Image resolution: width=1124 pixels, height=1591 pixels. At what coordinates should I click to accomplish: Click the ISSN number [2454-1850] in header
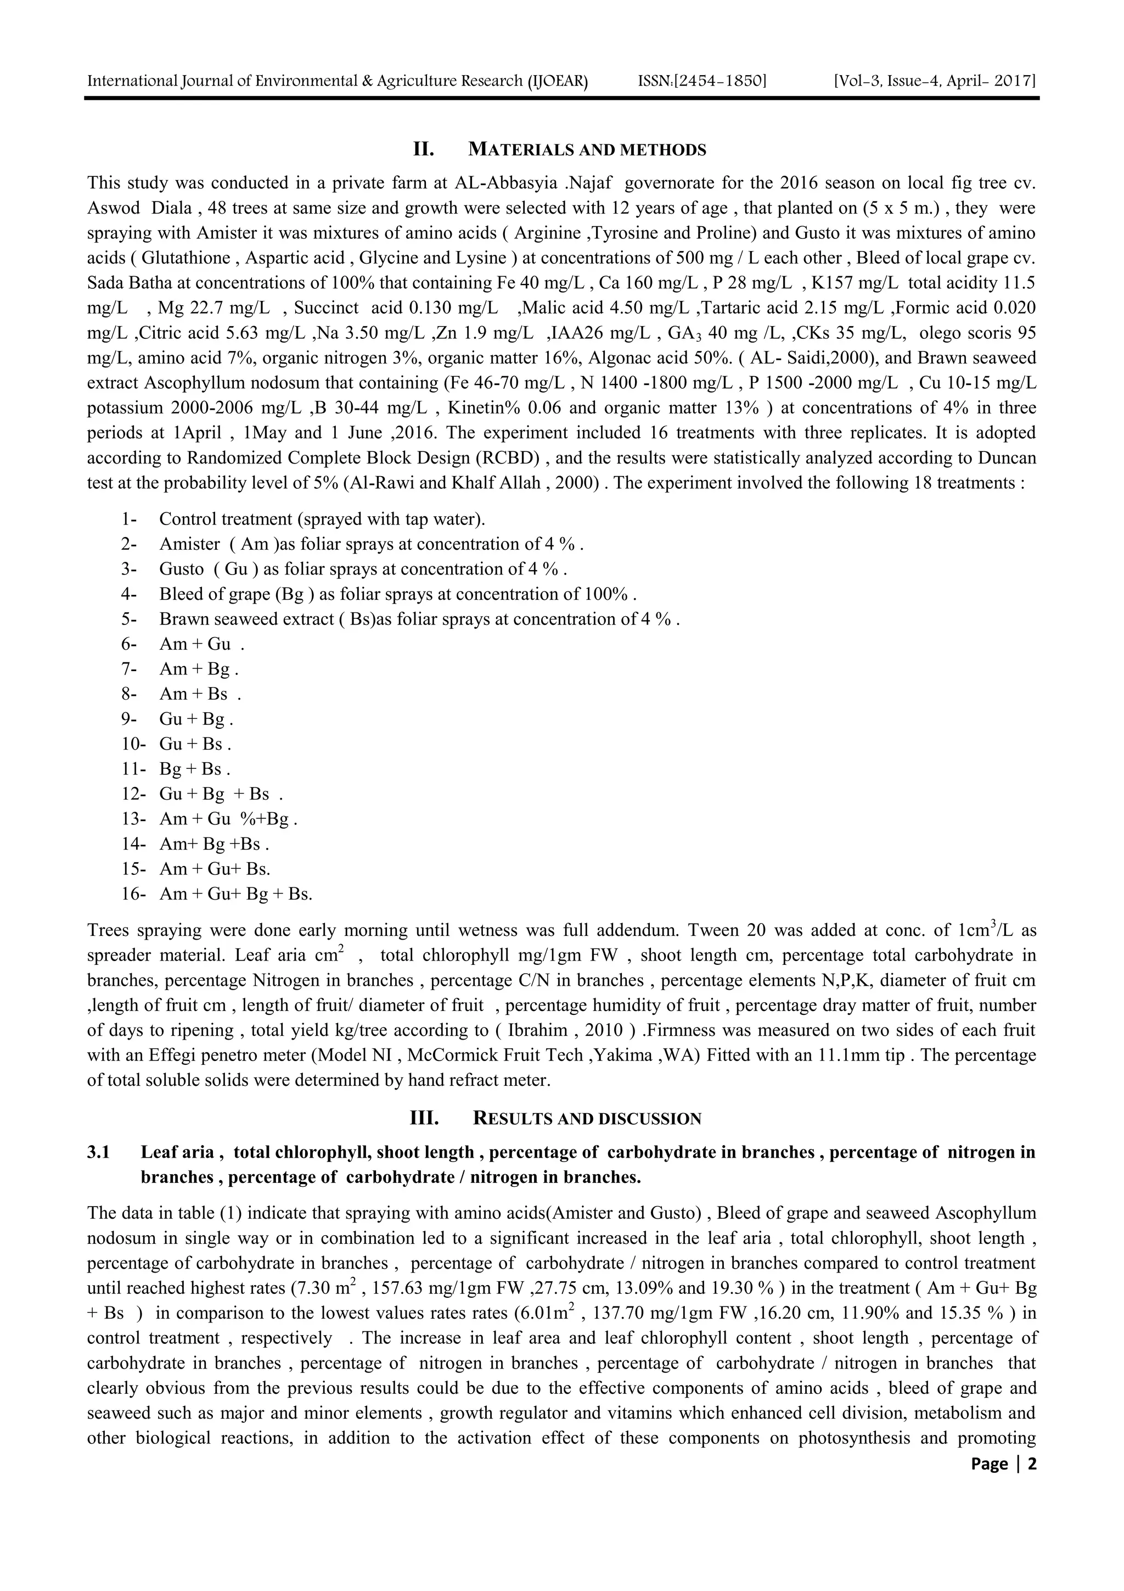click(701, 81)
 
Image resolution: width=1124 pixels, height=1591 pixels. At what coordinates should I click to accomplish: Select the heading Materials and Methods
click(587, 150)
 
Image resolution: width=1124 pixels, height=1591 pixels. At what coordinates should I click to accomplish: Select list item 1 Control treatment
click(322, 519)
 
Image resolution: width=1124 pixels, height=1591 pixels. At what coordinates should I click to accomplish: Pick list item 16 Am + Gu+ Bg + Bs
click(235, 894)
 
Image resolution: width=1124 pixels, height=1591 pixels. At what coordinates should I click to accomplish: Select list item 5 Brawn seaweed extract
click(418, 619)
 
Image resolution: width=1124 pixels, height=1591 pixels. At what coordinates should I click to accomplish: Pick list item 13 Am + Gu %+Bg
click(228, 819)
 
